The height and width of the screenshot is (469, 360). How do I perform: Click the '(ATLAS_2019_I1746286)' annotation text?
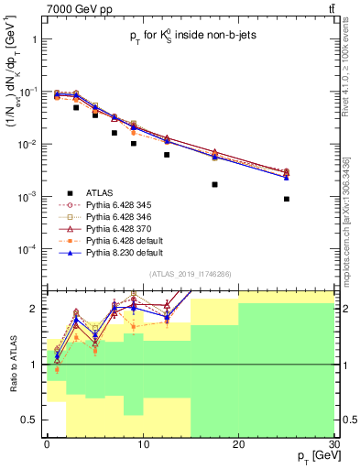click(190, 274)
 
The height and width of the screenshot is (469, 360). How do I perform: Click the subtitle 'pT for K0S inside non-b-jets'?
click(191, 38)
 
